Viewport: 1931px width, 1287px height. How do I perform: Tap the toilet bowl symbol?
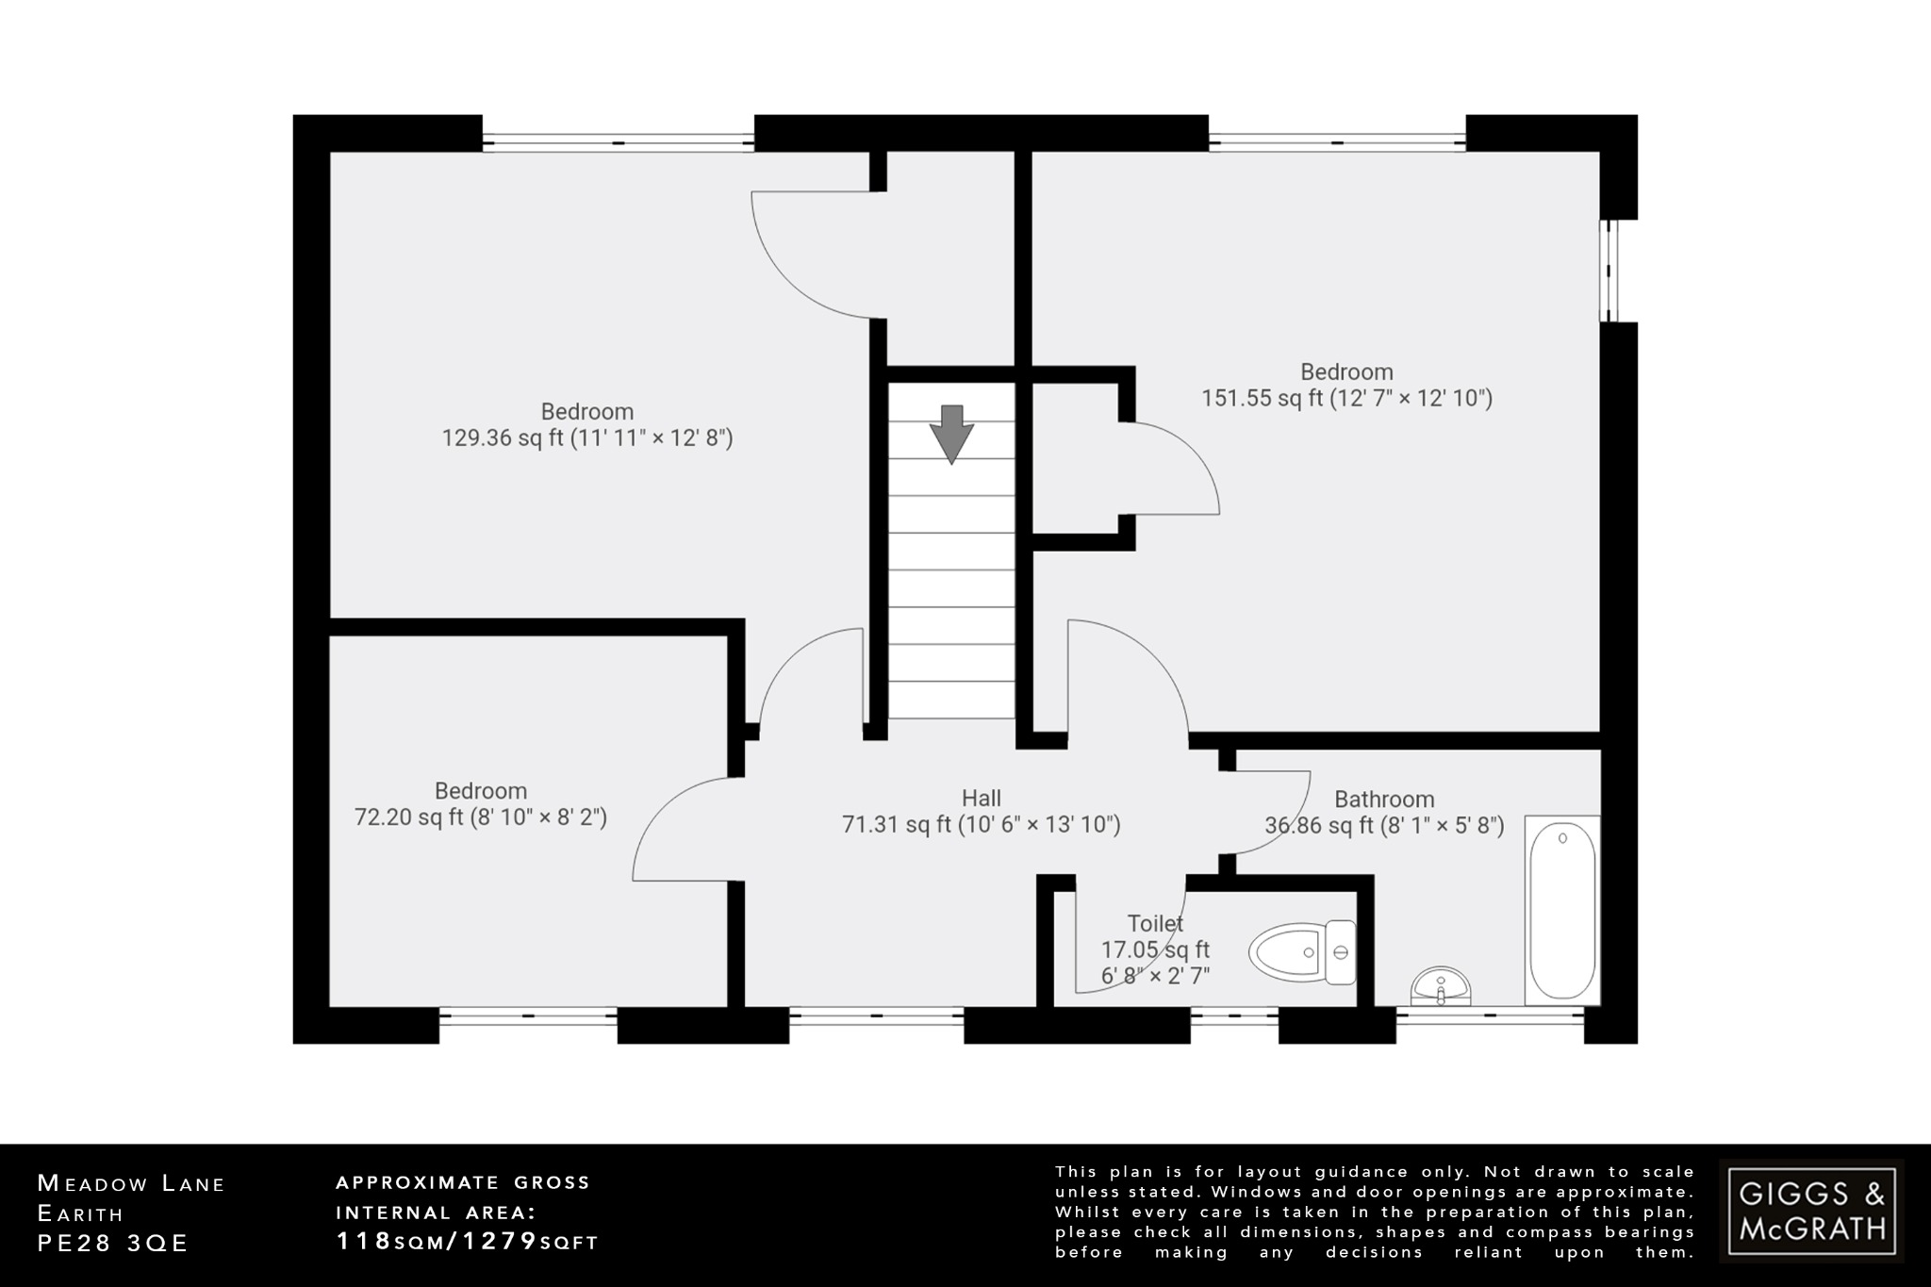1301,952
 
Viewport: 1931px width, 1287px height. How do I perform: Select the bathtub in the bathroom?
1562,910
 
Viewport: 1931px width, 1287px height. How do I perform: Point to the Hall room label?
981,799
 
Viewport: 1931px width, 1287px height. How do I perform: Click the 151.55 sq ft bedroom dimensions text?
1346,398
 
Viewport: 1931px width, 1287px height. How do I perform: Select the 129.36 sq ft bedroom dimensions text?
587,438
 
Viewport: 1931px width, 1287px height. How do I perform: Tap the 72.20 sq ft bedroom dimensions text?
480,817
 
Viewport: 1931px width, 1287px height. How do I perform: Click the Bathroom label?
1384,800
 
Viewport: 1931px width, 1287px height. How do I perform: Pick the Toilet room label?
1155,924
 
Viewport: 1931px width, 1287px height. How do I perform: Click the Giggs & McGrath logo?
1811,1211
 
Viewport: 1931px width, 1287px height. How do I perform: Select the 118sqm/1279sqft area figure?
468,1242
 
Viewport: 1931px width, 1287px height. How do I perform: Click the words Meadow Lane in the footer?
131,1183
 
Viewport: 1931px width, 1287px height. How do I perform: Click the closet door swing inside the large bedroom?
1174,469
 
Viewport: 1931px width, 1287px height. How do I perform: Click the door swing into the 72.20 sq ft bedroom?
684,830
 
